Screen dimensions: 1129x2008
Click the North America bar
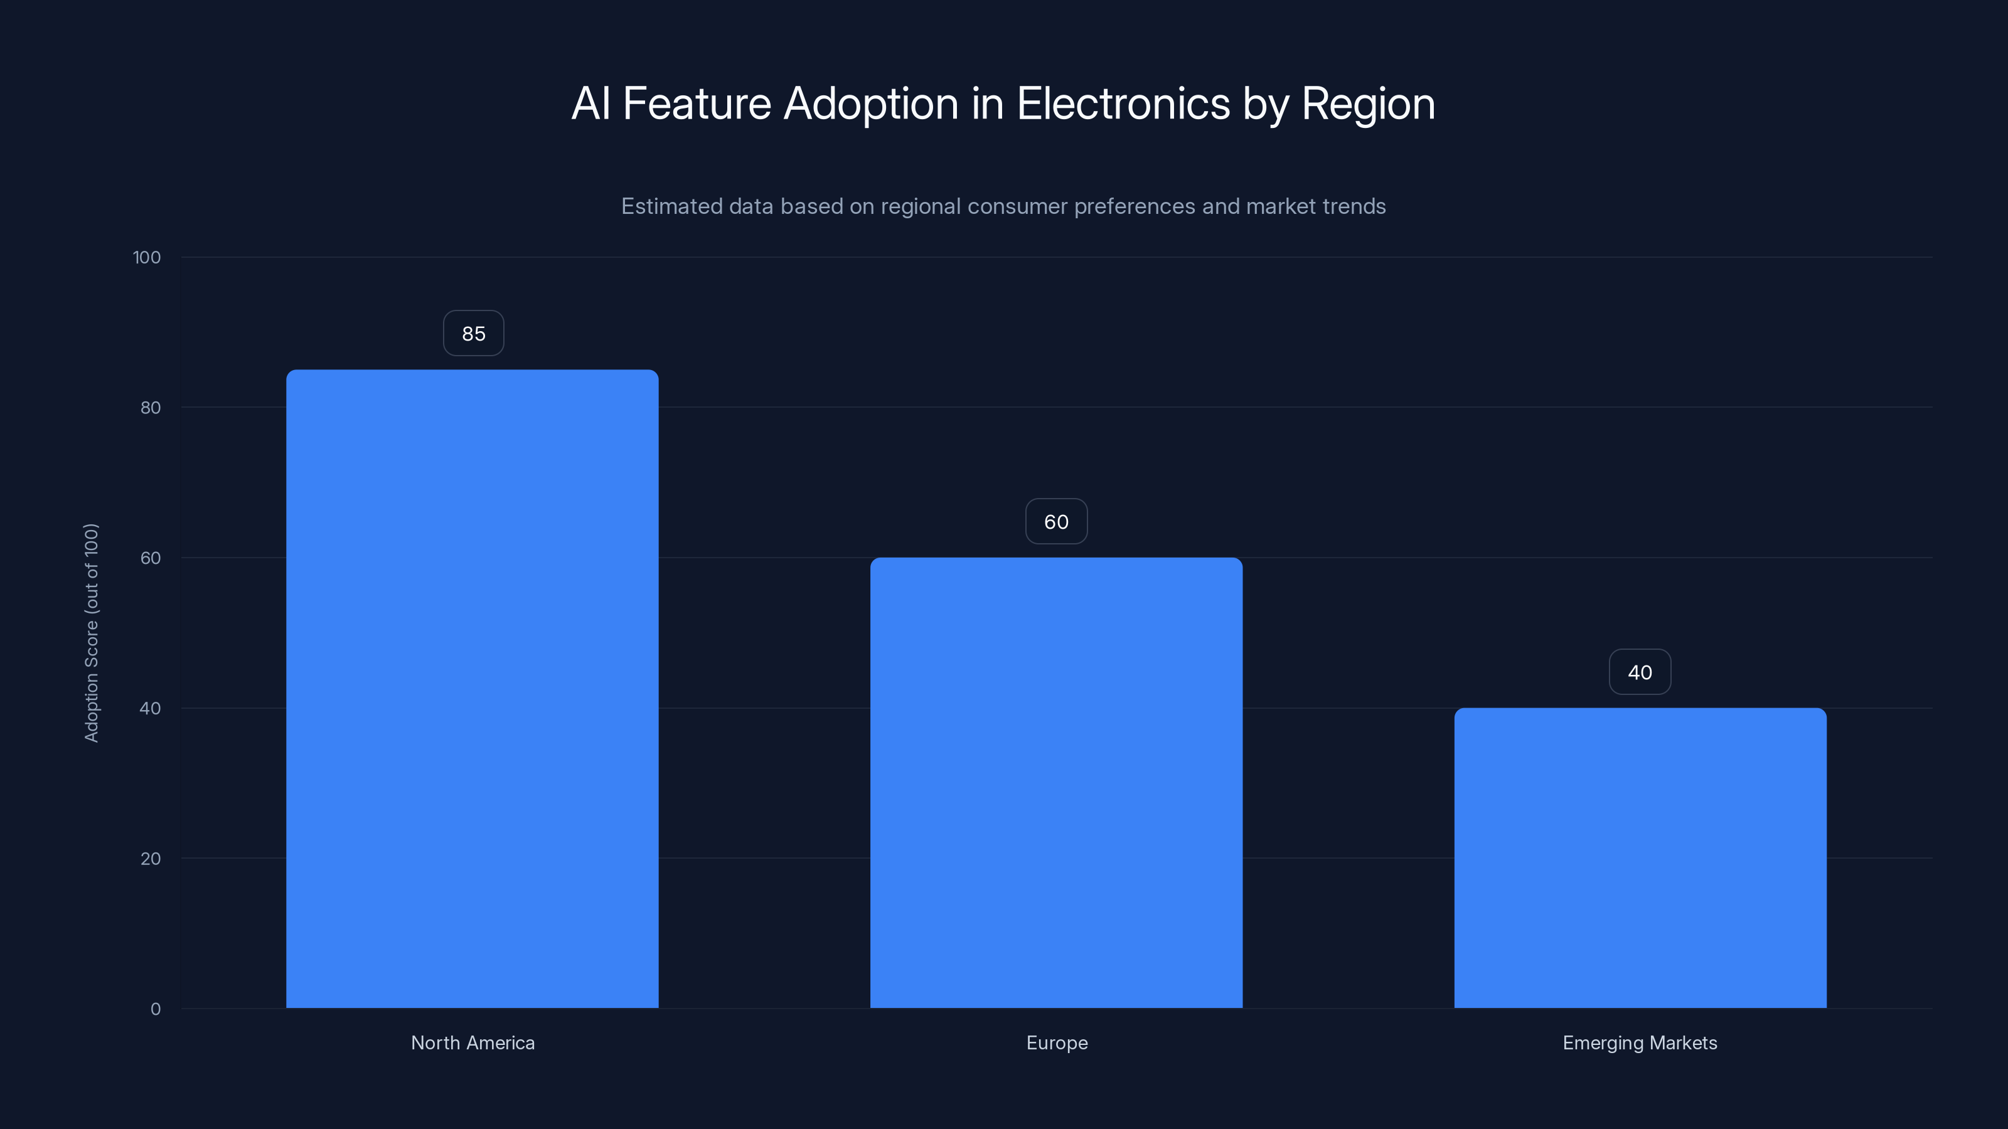click(472, 689)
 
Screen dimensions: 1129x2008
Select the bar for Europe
click(1055, 782)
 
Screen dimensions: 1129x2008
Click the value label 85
click(473, 334)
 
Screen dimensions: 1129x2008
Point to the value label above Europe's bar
click(1055, 522)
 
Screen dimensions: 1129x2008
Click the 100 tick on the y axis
click(147, 258)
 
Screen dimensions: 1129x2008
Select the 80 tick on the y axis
click(151, 408)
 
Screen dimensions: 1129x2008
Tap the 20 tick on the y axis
click(151, 859)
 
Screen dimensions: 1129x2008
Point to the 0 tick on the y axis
click(156, 1009)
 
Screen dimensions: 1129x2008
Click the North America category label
click(473, 1042)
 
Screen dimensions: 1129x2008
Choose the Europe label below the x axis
click(1056, 1042)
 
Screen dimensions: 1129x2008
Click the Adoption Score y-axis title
click(91, 633)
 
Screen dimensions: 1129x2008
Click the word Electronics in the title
click(1123, 103)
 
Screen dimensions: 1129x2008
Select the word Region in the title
click(1368, 103)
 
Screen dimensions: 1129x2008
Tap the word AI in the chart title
click(590, 103)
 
